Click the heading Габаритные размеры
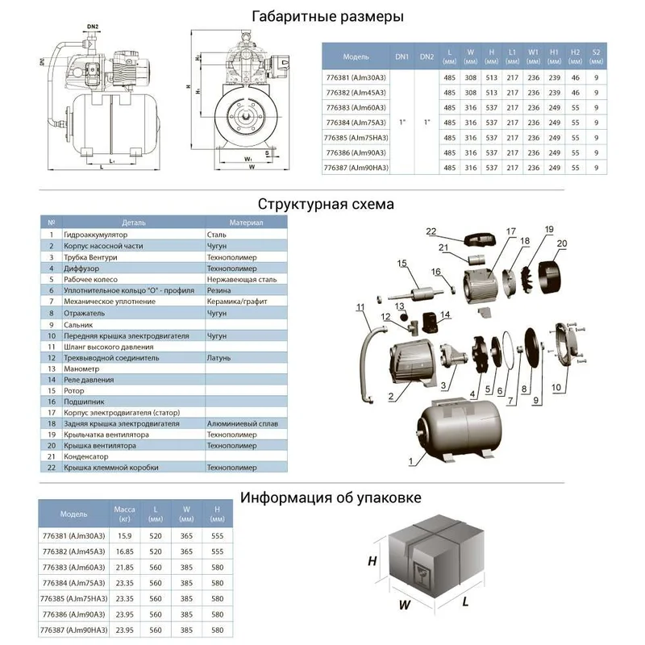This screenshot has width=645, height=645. (x=327, y=16)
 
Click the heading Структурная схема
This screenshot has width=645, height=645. (x=327, y=204)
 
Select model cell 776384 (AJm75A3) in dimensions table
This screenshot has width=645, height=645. (x=356, y=123)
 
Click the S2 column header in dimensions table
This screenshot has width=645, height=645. (x=596, y=56)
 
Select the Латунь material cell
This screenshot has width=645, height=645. (x=218, y=357)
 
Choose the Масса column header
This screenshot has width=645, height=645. (x=124, y=514)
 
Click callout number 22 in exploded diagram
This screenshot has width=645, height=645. (x=455, y=232)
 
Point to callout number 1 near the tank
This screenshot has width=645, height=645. (x=410, y=462)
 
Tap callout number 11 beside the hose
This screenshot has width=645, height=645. (x=360, y=307)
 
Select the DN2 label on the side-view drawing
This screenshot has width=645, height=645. (x=94, y=27)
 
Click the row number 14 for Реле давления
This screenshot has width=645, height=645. (x=51, y=379)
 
